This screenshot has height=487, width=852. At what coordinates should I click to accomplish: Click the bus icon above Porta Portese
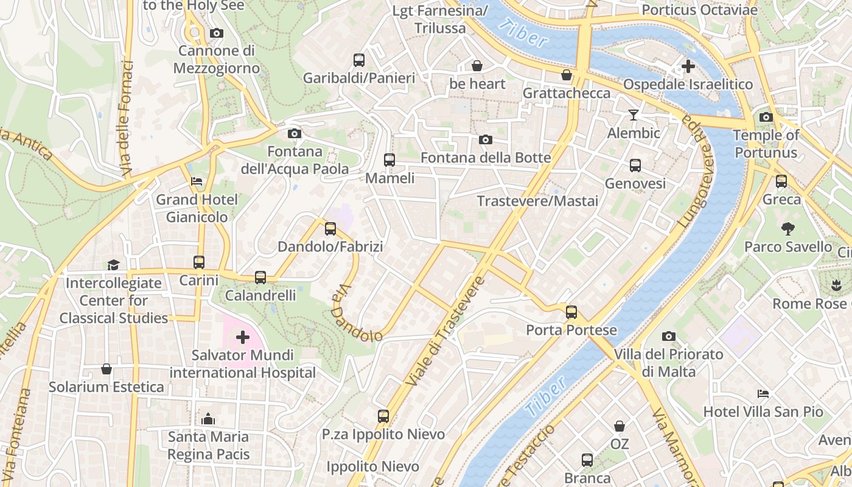point(571,312)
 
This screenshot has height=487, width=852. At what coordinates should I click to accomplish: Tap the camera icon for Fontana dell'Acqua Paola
point(294,133)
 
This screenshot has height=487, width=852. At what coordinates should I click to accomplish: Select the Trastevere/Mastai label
point(537,201)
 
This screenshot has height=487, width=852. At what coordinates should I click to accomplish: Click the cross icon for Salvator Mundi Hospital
point(243,337)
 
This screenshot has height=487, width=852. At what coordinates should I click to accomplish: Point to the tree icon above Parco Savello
point(788,229)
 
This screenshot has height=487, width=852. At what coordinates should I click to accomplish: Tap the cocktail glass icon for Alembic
point(634,115)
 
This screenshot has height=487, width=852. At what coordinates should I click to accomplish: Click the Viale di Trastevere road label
point(445,331)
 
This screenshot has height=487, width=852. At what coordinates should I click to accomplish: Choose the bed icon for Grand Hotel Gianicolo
point(197,181)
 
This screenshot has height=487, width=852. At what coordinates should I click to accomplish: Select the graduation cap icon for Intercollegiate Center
point(113,265)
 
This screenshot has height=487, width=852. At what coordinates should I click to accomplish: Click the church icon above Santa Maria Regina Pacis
point(208,419)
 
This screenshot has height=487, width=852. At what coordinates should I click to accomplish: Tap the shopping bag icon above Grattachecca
point(567,75)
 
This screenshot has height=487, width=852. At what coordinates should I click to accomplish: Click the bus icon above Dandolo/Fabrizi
point(330,229)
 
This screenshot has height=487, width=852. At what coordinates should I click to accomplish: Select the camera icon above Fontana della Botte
point(485,140)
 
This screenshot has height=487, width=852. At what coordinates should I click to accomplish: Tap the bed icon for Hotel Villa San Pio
point(763,394)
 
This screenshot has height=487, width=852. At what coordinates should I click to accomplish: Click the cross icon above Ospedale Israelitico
point(688,66)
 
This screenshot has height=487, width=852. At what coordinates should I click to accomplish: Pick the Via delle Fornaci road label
point(127,119)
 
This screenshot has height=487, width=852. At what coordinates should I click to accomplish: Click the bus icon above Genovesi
point(635,166)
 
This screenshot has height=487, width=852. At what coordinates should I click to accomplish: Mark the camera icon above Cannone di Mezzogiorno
point(216,33)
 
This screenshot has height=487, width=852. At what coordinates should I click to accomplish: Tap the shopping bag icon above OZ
point(619,426)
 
